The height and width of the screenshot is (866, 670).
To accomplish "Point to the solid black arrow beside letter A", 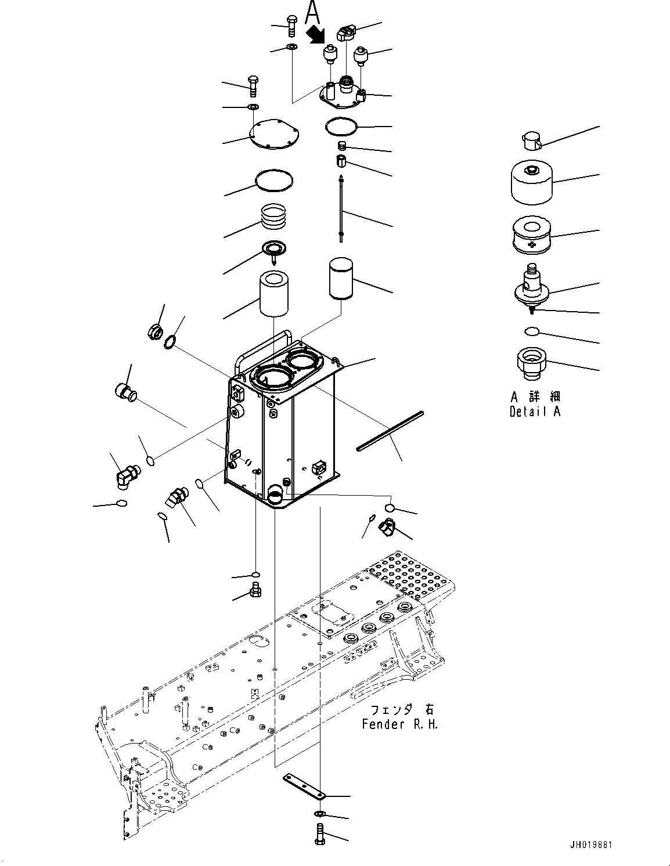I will pos(315,34).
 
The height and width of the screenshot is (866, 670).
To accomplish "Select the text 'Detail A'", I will pos(535,412).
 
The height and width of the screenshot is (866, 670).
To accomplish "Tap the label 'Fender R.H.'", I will pos(400,724).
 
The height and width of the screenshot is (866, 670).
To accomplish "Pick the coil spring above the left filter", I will pos(275,217).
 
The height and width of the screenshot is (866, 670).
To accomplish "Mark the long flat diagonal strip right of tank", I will pos(391,430).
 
